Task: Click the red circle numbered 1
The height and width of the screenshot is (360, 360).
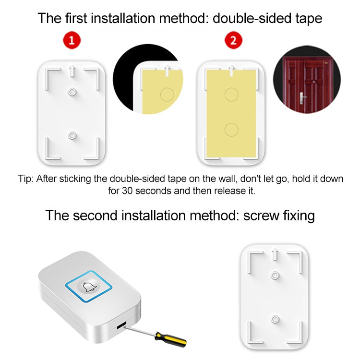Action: tap(72, 41)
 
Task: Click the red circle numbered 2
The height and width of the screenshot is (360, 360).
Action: tap(233, 41)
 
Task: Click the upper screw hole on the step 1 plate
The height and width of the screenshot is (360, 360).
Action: tap(72, 91)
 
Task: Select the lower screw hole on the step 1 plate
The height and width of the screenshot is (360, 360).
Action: tap(72, 136)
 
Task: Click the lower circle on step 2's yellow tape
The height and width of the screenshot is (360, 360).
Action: tap(232, 129)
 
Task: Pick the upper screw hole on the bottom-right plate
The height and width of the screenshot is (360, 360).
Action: tap(275, 275)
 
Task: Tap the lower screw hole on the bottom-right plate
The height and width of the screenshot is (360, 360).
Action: tap(275, 318)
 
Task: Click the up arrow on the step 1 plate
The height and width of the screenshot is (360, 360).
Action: tap(72, 71)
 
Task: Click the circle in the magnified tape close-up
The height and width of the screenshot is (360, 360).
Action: tap(167, 94)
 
